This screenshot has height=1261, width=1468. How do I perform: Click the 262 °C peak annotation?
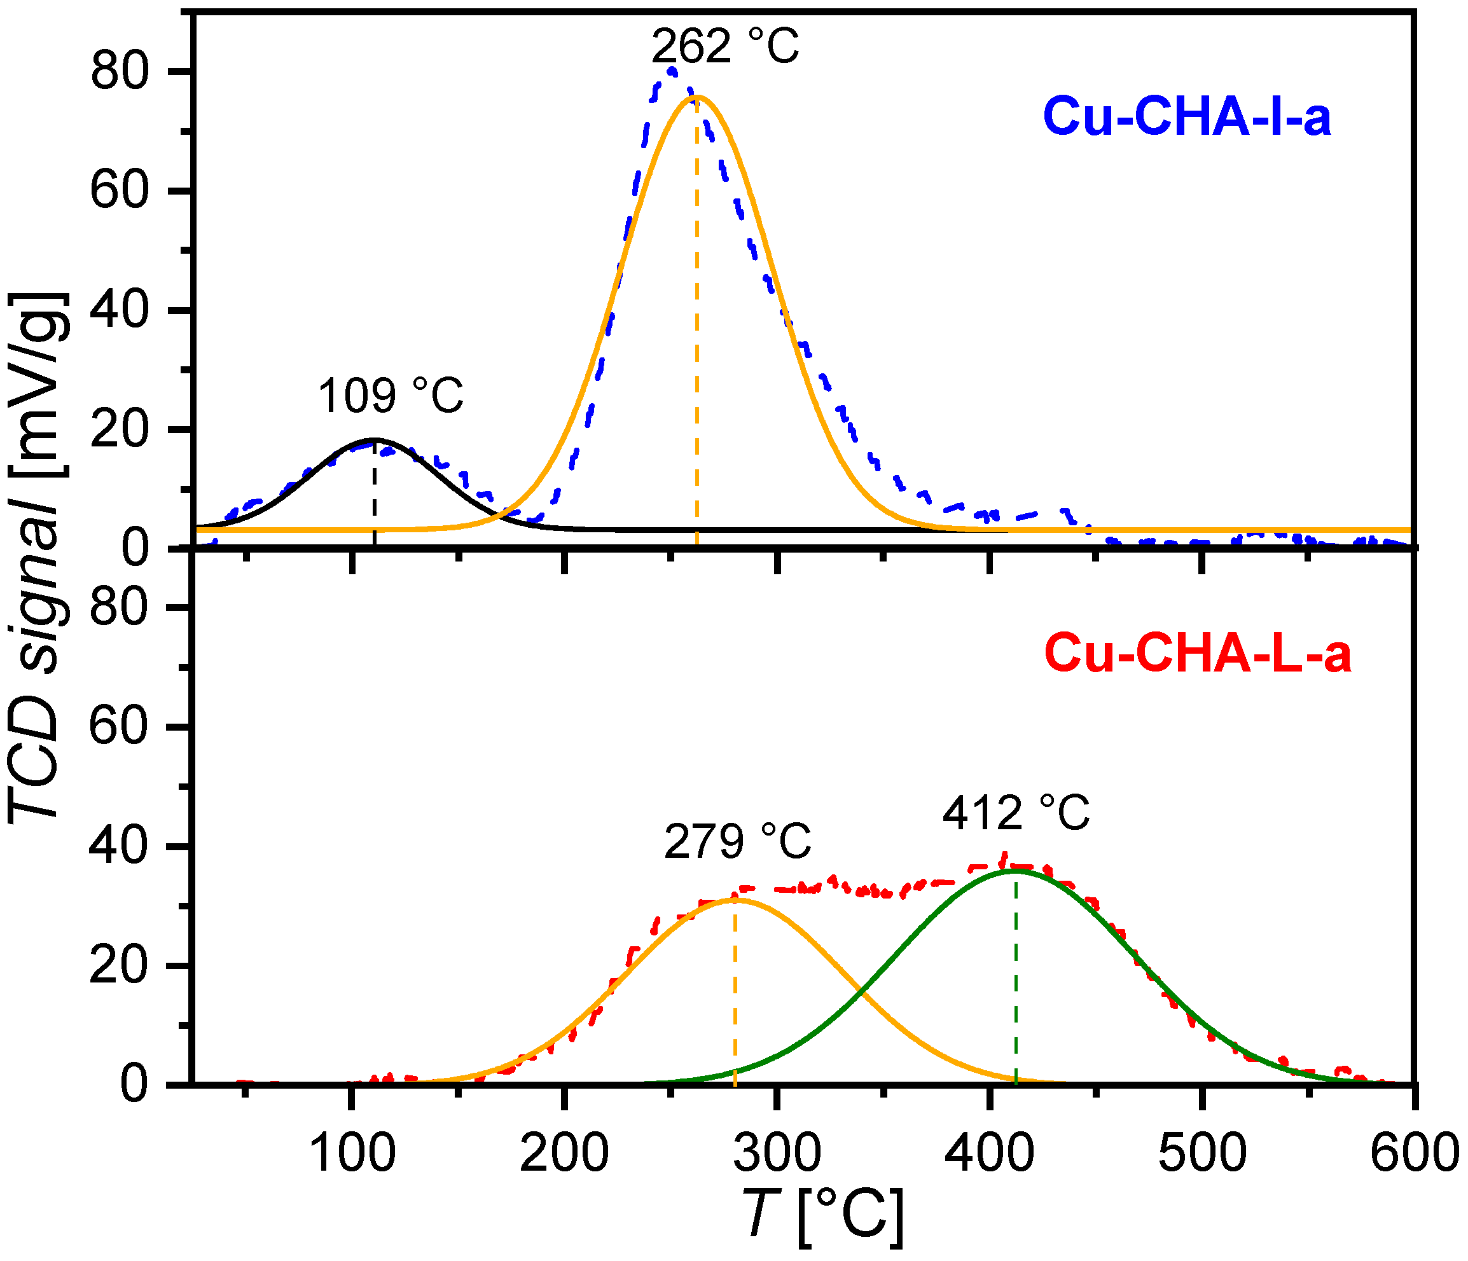point(725,48)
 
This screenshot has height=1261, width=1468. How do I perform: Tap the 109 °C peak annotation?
point(391,396)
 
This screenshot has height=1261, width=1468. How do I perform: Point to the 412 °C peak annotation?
point(1015,813)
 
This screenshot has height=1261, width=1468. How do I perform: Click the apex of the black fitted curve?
point(374,440)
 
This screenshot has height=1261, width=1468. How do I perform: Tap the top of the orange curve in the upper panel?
point(697,97)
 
